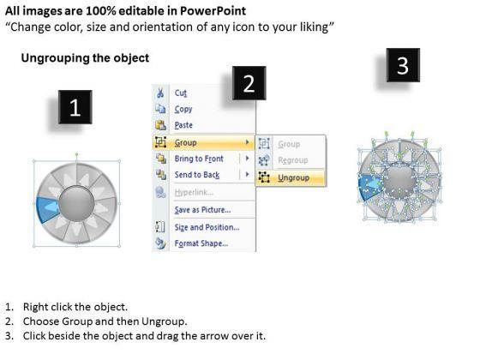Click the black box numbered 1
click(x=75, y=107)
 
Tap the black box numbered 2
click(x=249, y=83)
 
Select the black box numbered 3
click(x=403, y=65)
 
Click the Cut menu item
click(x=181, y=93)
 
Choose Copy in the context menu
click(x=183, y=109)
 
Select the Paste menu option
click(x=183, y=125)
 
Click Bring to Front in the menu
click(x=199, y=159)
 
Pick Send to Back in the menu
click(x=197, y=175)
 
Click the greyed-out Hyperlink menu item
click(x=194, y=192)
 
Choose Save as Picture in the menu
click(x=202, y=210)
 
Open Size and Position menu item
click(x=207, y=227)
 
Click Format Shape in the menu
click(x=201, y=243)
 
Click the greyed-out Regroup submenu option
click(x=293, y=160)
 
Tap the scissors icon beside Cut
click(x=160, y=93)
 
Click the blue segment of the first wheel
click(x=46, y=208)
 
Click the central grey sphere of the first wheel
click(x=76, y=204)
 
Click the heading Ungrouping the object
click(x=85, y=58)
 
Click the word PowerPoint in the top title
click(x=213, y=11)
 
